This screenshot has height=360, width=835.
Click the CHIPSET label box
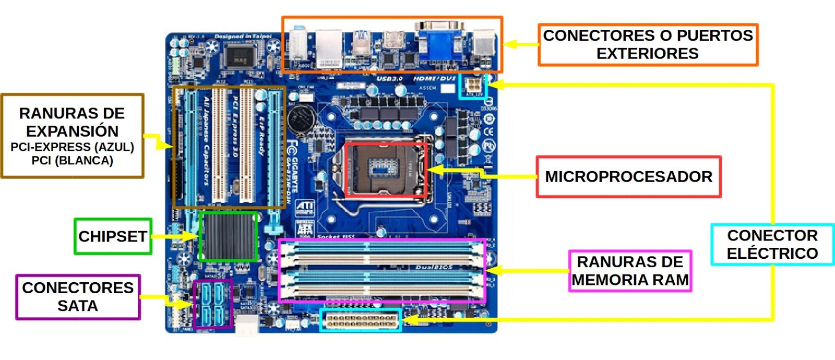coord(113,236)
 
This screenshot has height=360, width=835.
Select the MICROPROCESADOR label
coord(628,177)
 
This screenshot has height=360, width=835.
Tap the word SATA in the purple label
coord(78,306)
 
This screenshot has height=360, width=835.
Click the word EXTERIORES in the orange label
coord(647,53)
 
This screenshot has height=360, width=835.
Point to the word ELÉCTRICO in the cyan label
coord(772,253)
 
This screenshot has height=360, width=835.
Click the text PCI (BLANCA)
coord(72,161)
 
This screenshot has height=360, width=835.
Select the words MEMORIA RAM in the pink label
coord(630,280)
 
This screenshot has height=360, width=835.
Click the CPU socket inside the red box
coord(386,169)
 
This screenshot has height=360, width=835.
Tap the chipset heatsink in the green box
coord(228,236)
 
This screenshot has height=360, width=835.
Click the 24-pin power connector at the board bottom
coord(361,320)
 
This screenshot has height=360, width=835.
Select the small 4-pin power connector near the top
coord(473,86)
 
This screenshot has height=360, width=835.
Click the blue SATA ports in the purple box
coord(213,304)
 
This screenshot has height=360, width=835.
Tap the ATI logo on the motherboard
coord(305,208)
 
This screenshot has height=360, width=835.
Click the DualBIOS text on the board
coord(434,268)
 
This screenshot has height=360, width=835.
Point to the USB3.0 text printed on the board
coord(389,79)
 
